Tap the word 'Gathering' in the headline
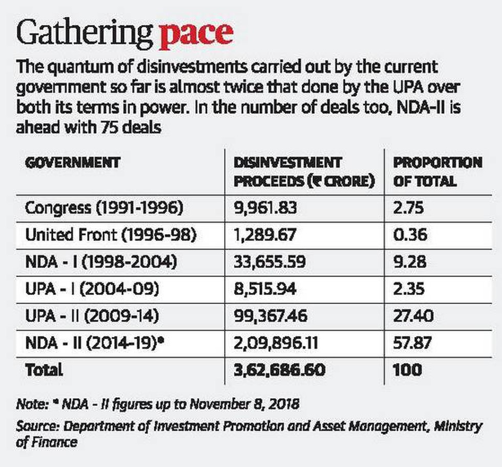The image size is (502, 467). (x=85, y=34)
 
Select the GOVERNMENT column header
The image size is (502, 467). (x=72, y=163)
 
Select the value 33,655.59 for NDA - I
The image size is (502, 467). (x=269, y=262)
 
